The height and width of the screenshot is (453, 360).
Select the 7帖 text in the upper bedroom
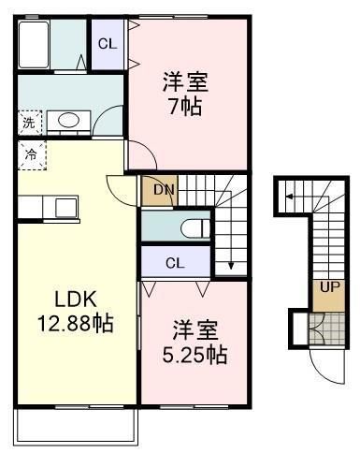[185, 104]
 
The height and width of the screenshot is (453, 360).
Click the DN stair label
[165, 191]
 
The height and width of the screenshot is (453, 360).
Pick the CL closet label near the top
[107, 42]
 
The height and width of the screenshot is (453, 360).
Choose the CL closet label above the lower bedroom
[175, 263]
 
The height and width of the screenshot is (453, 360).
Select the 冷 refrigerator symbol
[30, 153]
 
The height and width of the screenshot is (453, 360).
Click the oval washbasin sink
[67, 120]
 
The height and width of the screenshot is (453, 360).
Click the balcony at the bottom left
[75, 426]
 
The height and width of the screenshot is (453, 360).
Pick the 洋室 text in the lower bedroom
[194, 330]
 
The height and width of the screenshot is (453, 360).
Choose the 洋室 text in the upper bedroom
[185, 81]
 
